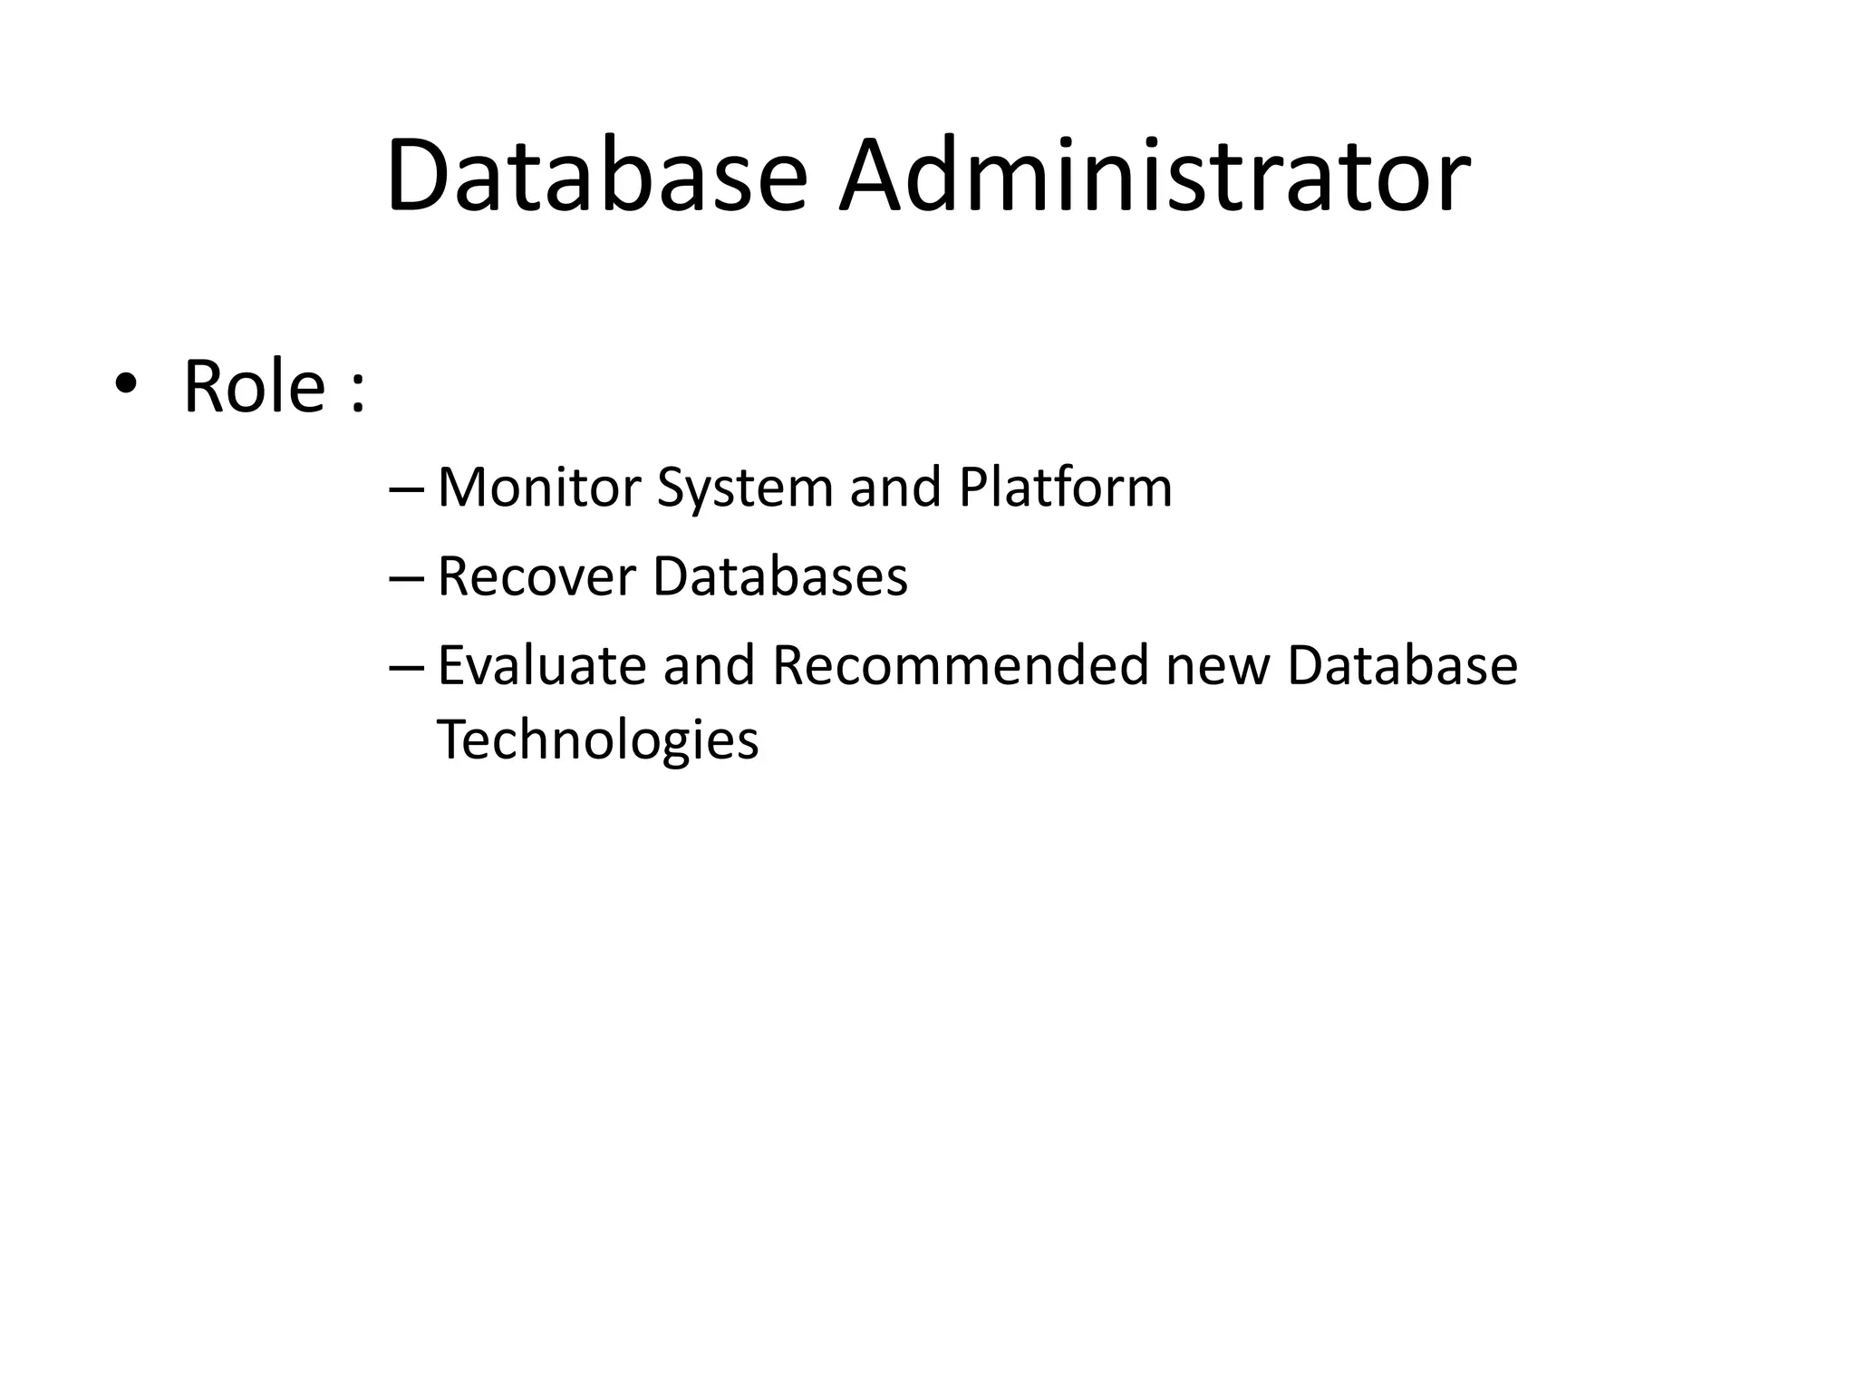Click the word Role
(255, 387)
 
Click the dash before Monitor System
(405, 490)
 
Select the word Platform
(1065, 488)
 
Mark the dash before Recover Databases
(405, 579)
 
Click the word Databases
(779, 576)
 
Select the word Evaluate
(542, 666)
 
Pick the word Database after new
(1402, 666)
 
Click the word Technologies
(597, 740)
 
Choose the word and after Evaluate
(709, 666)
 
